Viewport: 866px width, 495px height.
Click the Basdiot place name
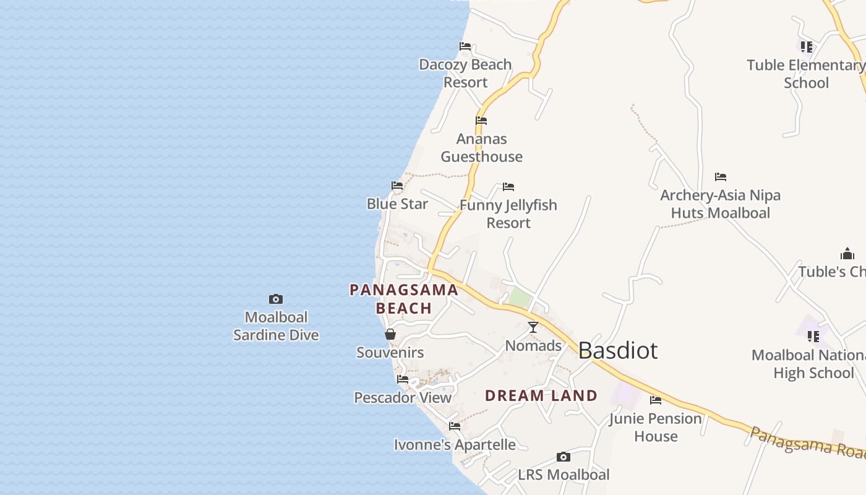617,351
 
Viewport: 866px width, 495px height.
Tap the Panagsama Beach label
404,299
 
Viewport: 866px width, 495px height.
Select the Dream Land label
541,395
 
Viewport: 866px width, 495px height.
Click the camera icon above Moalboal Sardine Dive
276,299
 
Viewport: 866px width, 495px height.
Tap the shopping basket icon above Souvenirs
390,335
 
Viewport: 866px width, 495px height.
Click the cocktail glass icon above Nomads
533,327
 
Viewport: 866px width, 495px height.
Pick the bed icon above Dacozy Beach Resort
465,46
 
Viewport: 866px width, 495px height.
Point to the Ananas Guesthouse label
481,148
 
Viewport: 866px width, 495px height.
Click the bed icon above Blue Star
397,186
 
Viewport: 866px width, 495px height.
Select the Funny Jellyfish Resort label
508,213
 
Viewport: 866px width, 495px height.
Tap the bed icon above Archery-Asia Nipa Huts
721,177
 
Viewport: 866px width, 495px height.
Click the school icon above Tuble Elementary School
806,47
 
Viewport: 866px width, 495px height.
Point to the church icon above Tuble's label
847,254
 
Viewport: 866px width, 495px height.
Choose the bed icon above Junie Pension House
656,400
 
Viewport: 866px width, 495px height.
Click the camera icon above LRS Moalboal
563,457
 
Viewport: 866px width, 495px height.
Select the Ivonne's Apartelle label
455,445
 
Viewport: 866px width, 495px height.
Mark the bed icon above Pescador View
403,379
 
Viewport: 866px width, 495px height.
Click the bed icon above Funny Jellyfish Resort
508,187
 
